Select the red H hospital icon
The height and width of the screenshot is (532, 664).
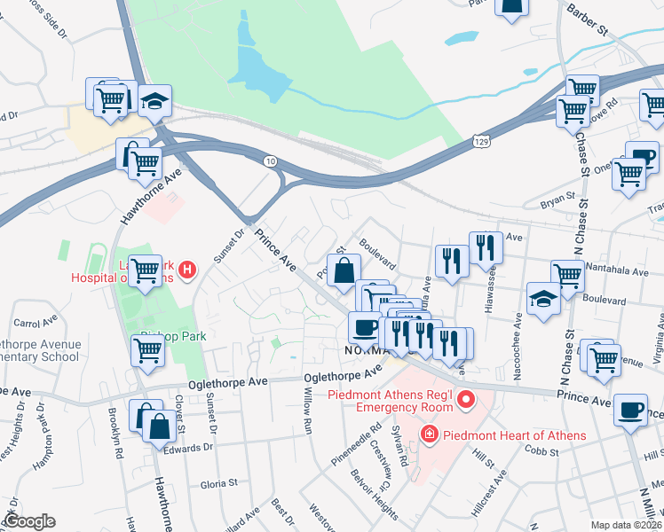186,270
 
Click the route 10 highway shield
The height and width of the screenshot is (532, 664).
270,160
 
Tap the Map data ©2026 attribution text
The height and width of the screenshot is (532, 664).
627,525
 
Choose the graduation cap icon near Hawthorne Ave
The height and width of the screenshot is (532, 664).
154,102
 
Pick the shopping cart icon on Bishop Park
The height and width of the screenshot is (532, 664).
147,349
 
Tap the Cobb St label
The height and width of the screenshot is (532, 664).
541,452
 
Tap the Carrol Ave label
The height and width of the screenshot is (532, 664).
35,323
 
